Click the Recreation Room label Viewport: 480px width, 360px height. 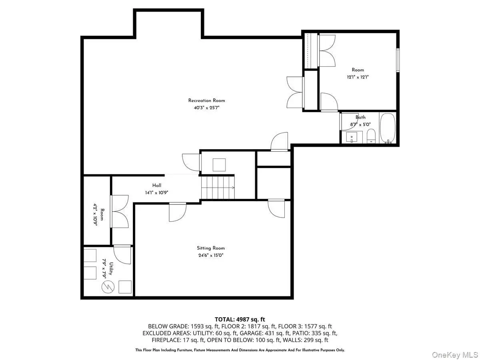(x=206, y=100)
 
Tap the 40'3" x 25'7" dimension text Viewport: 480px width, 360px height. (x=206, y=108)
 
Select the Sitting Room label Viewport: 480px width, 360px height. (x=210, y=248)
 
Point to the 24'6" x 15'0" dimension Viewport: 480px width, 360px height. (x=210, y=255)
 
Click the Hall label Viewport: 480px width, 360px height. (x=156, y=185)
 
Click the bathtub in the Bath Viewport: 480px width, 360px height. (x=388, y=128)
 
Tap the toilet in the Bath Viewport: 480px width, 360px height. (x=371, y=136)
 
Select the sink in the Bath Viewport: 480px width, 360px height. (x=352, y=137)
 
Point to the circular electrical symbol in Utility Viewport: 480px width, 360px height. (x=108, y=286)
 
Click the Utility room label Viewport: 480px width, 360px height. (x=111, y=268)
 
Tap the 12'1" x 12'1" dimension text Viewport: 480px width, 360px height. (x=358, y=77)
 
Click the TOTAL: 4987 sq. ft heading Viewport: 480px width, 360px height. (x=240, y=319)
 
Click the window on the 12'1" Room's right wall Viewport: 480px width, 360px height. (x=398, y=60)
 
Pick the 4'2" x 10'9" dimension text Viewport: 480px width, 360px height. (x=95, y=215)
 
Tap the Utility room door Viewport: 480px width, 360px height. (x=122, y=255)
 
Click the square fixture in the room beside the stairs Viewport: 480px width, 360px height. (x=219, y=165)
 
